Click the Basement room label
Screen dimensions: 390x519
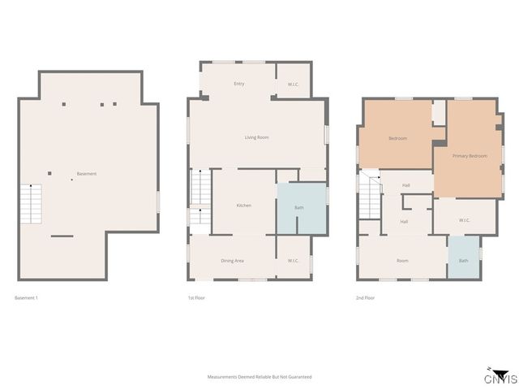pyautogui.click(x=87, y=174)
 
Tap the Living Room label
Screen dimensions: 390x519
pyautogui.click(x=256, y=137)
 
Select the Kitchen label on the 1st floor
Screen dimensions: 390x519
pyautogui.click(x=243, y=206)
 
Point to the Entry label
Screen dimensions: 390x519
pyautogui.click(x=239, y=84)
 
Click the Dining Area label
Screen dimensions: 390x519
pyautogui.click(x=233, y=261)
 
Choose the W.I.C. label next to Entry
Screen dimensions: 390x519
pyautogui.click(x=294, y=84)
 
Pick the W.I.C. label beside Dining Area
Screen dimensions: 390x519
pyautogui.click(x=293, y=261)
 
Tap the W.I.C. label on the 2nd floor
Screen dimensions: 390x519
pyautogui.click(x=464, y=220)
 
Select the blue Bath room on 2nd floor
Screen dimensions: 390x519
pyautogui.click(x=463, y=258)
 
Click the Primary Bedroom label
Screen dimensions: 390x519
pyautogui.click(x=470, y=155)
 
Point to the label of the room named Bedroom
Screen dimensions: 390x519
pyautogui.click(x=397, y=138)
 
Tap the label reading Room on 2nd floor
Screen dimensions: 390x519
pyautogui.click(x=402, y=261)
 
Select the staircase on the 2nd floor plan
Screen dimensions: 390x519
pyautogui.click(x=370, y=197)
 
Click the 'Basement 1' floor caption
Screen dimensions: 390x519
pyautogui.click(x=26, y=298)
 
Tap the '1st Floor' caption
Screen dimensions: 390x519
pyautogui.click(x=195, y=298)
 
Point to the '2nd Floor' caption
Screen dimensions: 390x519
pyautogui.click(x=366, y=298)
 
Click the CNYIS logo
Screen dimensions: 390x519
pyautogui.click(x=497, y=376)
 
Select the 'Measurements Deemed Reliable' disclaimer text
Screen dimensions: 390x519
pyautogui.click(x=259, y=377)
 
